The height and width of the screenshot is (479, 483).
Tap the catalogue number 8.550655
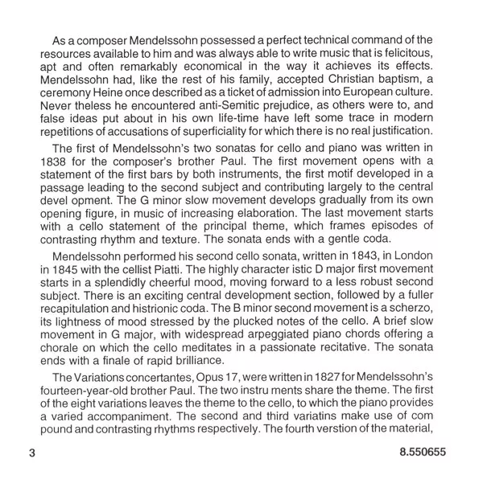pyautogui.click(x=425, y=452)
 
